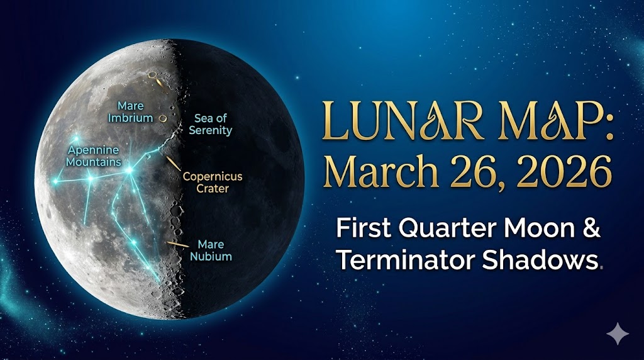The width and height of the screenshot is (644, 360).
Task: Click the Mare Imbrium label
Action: point(130,112)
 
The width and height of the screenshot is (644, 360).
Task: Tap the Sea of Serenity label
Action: point(210,124)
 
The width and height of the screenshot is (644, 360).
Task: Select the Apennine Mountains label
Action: point(94,155)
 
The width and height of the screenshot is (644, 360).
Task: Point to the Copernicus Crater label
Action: point(213,183)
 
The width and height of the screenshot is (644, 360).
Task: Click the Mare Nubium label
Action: point(211,250)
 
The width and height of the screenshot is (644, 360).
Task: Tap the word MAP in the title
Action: point(556,120)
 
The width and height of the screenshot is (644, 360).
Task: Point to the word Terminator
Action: point(405,259)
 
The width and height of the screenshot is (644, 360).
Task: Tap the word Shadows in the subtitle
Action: point(540,259)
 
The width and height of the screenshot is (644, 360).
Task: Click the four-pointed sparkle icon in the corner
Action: point(618,334)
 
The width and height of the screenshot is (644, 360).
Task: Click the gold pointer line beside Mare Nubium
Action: point(177,244)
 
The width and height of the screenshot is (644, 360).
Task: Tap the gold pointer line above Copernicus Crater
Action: point(174,163)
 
